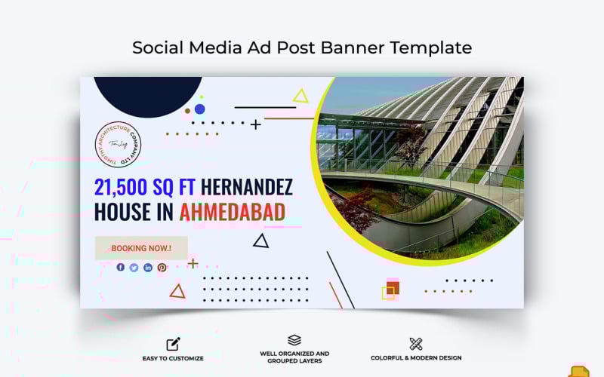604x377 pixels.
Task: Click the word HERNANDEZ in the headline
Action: coord(247,187)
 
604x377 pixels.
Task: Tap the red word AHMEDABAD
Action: coord(232,212)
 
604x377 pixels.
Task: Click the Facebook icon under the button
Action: coord(121,267)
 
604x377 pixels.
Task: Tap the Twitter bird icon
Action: coord(134,267)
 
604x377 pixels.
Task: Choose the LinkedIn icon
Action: coord(148,267)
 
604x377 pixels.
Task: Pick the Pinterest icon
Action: coord(162,267)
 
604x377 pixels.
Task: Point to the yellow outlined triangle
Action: coord(300,97)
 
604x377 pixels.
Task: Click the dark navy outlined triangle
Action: coord(260,241)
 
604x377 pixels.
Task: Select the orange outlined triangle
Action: coord(177,291)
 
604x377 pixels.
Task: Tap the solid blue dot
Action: coord(199,109)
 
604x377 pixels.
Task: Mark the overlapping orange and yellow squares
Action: coord(390,290)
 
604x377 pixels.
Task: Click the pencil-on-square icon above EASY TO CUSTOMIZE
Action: coord(173,344)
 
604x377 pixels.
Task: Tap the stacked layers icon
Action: coord(294,341)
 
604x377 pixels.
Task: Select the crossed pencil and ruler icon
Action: coord(416,344)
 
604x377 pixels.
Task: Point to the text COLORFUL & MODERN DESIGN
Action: coord(416,358)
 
